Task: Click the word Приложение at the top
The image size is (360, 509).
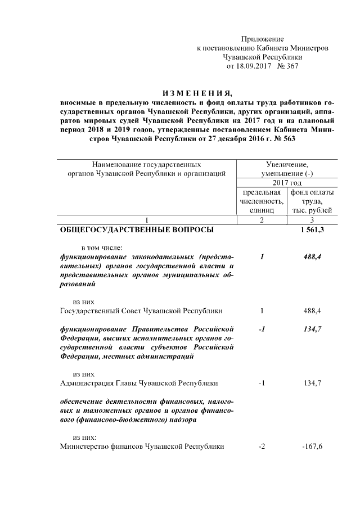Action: click(x=262, y=39)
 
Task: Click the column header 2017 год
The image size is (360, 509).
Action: click(x=287, y=183)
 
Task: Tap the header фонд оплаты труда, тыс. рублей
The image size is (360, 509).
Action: click(x=312, y=201)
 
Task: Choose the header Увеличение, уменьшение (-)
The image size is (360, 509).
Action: click(x=287, y=169)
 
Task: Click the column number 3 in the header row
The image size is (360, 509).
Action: click(x=312, y=219)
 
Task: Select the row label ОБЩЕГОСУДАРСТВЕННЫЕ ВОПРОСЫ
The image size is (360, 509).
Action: click(x=137, y=229)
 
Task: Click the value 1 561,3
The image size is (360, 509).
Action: click(x=312, y=229)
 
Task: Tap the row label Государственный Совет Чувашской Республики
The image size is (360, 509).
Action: click(x=141, y=310)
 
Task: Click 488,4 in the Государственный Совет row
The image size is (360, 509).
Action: click(x=312, y=310)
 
